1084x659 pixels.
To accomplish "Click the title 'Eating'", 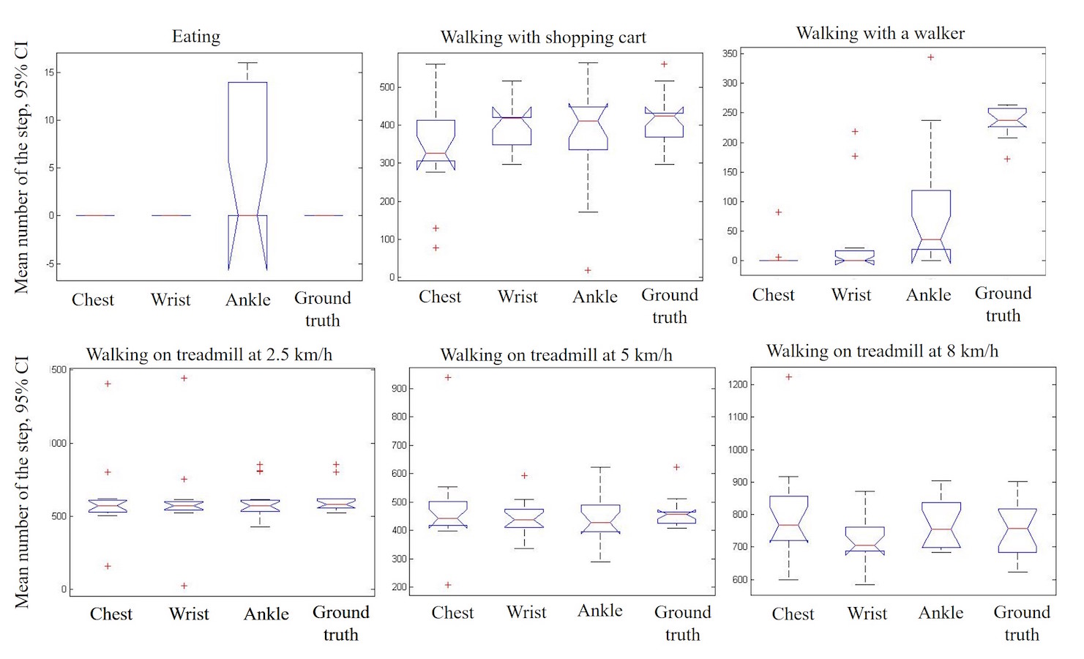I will coord(195,37).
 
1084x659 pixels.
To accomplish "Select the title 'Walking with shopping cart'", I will coord(543,37).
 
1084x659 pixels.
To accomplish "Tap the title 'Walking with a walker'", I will coord(880,33).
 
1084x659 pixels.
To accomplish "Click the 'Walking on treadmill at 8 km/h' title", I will coord(882,351).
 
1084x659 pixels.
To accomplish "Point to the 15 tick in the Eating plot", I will coord(49,72).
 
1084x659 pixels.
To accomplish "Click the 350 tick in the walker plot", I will coord(730,53).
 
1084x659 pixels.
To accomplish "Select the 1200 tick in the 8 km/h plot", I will coord(738,384).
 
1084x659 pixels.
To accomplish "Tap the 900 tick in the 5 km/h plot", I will coord(399,389).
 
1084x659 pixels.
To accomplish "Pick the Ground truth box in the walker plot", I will coord(1007,118).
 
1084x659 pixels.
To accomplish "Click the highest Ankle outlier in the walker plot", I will coord(931,57).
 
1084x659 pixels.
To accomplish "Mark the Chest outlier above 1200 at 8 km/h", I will coord(788,377).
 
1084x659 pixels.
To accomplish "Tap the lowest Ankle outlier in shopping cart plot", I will coord(588,270).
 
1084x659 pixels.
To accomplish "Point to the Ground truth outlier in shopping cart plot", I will coord(665,64).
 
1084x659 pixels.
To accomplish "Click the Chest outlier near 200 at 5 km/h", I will coord(448,585).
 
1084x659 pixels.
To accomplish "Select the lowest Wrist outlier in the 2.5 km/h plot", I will coord(184,586).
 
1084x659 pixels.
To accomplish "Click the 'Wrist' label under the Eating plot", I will coord(171,299).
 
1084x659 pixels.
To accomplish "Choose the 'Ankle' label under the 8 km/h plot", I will coord(941,613).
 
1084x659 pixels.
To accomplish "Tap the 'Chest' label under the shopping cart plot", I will coord(440,297).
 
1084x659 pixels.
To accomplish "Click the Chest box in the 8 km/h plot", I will coord(789,518).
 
